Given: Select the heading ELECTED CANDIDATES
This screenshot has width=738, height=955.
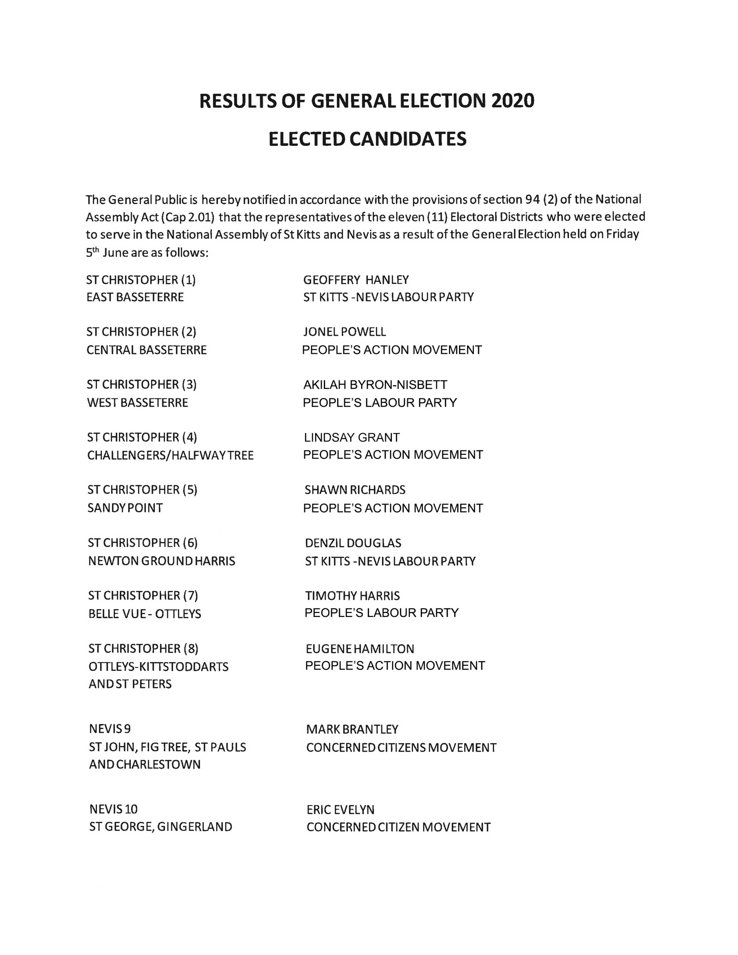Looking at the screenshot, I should tap(368, 139).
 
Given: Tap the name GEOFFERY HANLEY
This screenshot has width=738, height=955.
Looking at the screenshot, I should tap(356, 279).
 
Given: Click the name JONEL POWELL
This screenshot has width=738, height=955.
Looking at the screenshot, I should tap(345, 332).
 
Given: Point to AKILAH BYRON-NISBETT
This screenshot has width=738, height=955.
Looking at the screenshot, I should tap(375, 385).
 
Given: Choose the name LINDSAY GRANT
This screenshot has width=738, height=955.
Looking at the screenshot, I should tap(352, 437).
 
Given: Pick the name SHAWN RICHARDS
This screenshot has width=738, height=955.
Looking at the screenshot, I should tap(355, 490).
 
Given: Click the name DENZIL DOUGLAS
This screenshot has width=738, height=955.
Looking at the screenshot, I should tap(353, 543).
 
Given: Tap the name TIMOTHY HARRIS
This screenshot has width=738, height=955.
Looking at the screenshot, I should tap(353, 595).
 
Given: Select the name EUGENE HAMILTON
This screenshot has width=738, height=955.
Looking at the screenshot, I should tap(360, 648).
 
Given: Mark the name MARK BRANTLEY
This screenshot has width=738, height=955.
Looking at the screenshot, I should tap(352, 729).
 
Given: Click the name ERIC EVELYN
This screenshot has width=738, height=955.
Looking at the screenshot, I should tap(340, 810).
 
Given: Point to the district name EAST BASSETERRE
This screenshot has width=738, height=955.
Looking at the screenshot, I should tap(135, 297).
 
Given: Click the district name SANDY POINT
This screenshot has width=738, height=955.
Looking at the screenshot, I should tap(125, 508).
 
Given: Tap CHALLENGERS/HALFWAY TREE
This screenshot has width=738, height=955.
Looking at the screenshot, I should tap(171, 455).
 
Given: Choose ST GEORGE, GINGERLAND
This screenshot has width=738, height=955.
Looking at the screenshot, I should tap(160, 827).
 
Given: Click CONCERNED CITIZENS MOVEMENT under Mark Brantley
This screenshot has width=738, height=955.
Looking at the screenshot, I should tap(401, 748).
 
